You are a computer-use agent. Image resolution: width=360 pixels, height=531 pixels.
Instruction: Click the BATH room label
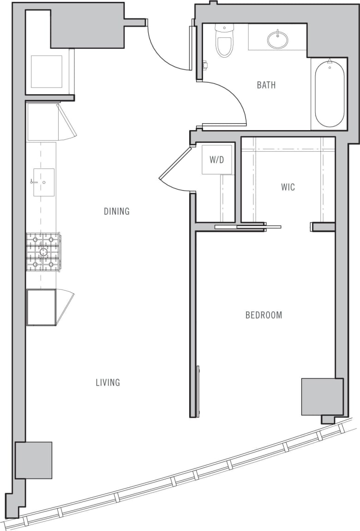(266, 85)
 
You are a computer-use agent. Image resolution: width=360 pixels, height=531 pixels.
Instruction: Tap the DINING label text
(116, 211)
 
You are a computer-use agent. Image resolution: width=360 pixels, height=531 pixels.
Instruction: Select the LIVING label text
(108, 382)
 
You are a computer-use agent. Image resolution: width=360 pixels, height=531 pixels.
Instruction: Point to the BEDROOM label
(264, 315)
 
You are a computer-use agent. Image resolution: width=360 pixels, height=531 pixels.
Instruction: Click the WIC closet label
(288, 187)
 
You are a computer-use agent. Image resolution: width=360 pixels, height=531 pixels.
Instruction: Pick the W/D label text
(216, 160)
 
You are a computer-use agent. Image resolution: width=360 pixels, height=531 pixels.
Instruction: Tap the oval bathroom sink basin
(277, 40)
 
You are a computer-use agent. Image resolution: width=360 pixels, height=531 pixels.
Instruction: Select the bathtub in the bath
(330, 94)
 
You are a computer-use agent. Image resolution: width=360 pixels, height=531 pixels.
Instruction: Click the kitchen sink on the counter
(43, 182)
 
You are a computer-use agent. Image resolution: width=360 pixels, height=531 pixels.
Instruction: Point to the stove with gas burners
(43, 252)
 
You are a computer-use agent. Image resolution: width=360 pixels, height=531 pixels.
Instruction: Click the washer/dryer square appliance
(216, 160)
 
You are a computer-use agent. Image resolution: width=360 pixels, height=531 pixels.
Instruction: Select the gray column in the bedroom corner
(322, 396)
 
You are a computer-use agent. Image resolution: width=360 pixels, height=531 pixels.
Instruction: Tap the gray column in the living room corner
(33, 460)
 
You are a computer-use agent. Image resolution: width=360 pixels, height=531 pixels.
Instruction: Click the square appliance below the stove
(41, 307)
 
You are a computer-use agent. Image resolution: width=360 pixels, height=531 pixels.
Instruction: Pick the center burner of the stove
(43, 252)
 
